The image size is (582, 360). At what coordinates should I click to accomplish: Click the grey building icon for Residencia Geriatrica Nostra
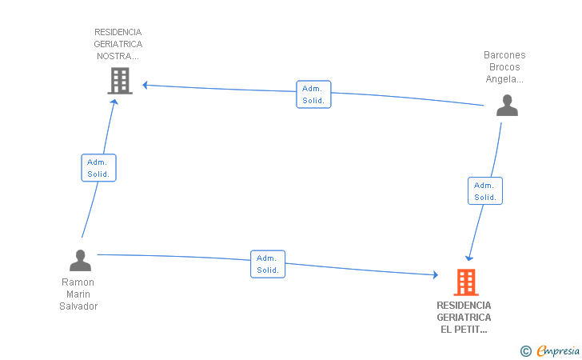[119, 81]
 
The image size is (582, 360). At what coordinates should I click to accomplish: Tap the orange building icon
[465, 282]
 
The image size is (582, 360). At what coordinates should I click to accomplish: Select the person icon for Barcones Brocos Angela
[507, 106]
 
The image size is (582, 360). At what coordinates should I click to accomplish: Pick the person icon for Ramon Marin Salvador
[80, 261]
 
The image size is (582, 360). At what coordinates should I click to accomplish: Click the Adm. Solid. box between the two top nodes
[313, 94]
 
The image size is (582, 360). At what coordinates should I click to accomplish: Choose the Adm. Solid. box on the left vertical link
[98, 167]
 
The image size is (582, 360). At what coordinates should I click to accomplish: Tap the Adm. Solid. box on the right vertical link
[484, 190]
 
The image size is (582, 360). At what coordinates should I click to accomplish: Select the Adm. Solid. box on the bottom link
[268, 264]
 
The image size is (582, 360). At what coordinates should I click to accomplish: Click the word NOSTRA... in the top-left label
[118, 56]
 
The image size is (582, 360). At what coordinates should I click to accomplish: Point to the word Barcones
[504, 55]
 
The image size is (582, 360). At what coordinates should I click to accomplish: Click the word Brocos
[504, 67]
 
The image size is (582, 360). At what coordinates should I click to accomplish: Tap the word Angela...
[504, 79]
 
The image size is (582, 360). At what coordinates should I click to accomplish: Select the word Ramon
[78, 282]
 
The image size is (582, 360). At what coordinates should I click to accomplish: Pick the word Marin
[78, 294]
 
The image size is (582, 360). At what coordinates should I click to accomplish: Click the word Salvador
[78, 306]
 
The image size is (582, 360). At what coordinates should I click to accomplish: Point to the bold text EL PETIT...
[464, 330]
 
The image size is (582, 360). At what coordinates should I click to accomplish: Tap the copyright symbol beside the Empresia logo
[525, 350]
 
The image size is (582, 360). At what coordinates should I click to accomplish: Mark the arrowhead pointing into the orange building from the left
[436, 274]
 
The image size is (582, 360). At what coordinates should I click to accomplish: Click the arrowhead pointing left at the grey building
[145, 85]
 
